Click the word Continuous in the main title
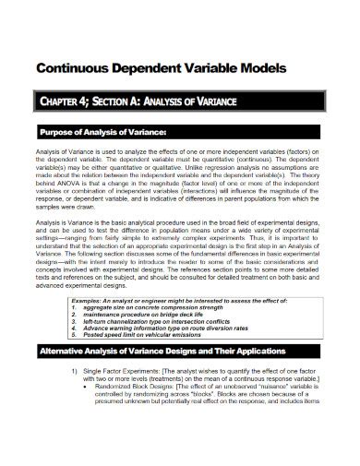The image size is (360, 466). click(x=71, y=68)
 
